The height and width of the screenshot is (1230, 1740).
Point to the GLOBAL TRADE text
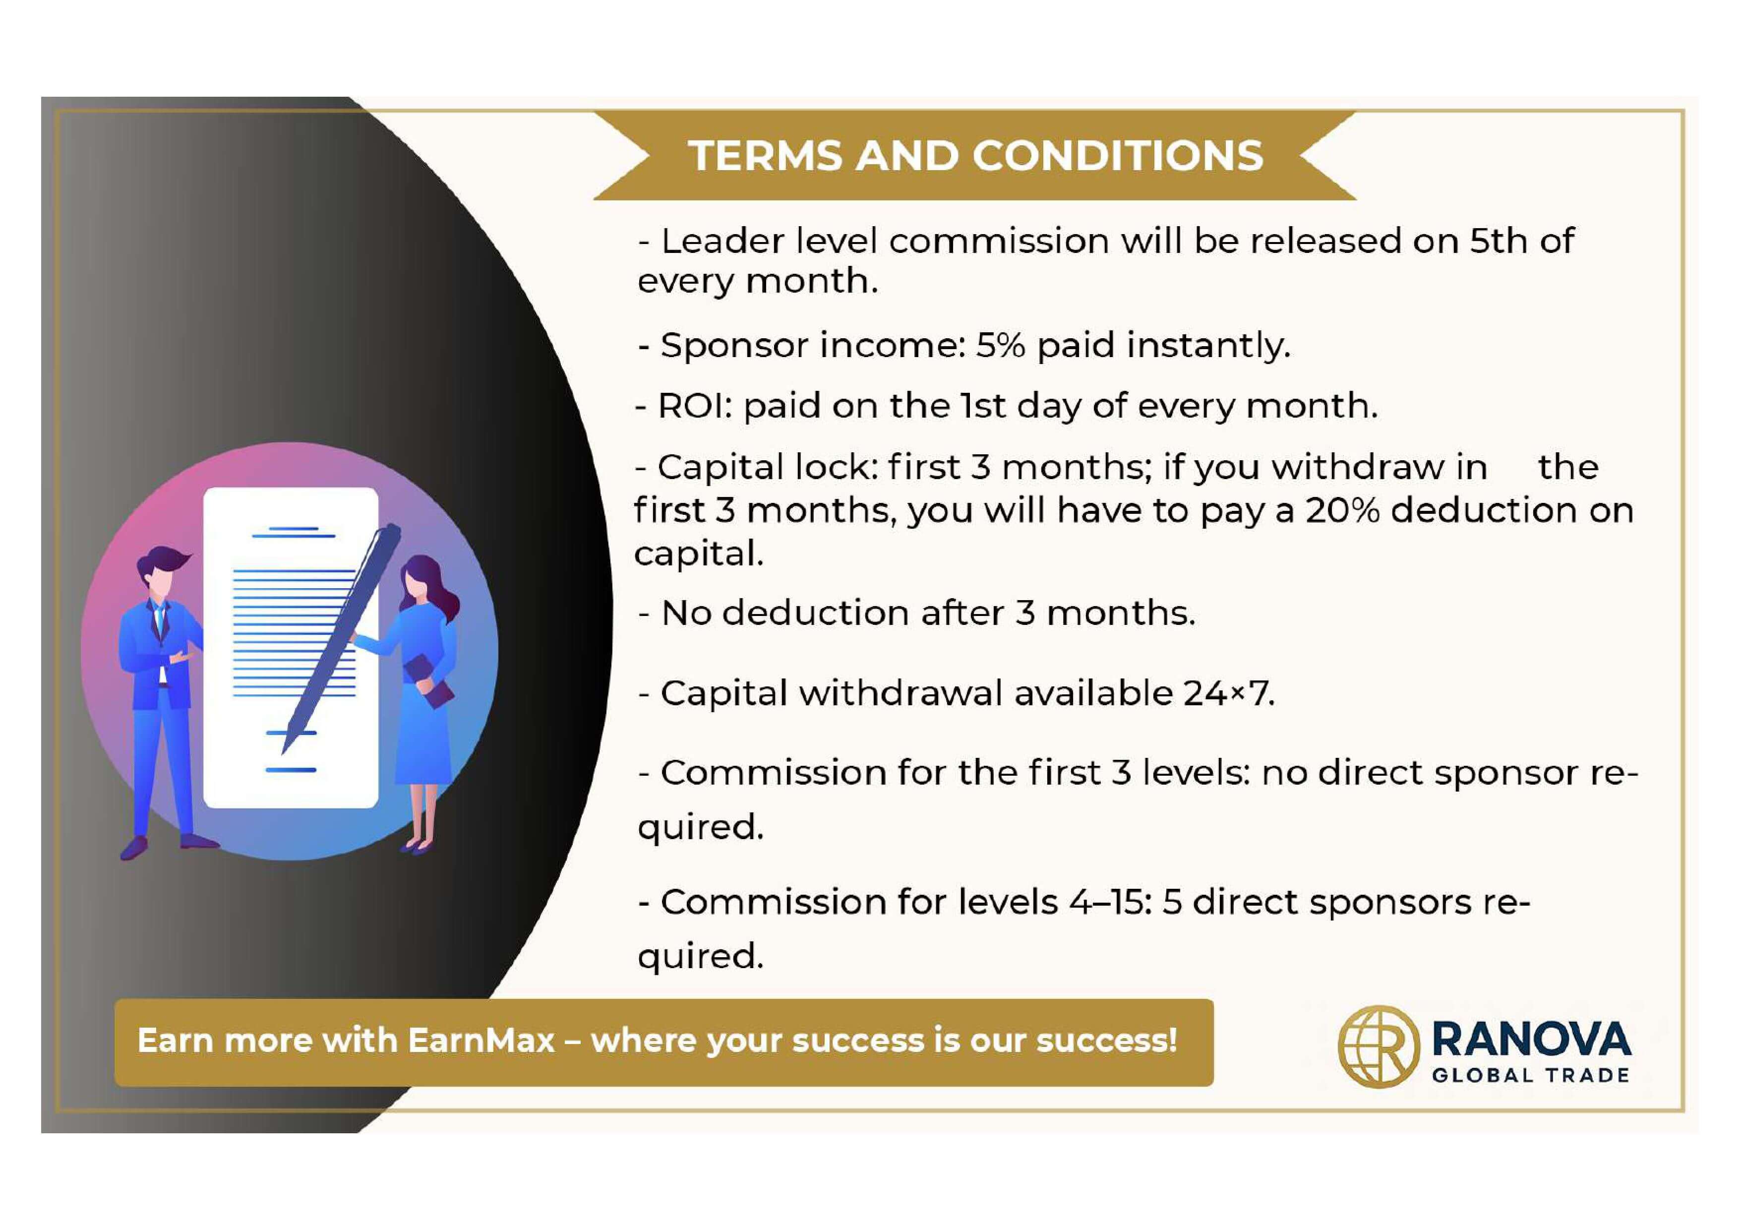click(x=1531, y=1075)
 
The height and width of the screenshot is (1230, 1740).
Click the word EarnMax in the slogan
click(x=481, y=1041)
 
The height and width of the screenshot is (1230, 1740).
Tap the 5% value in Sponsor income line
click(x=1000, y=346)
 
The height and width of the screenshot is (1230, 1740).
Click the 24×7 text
click(x=1228, y=693)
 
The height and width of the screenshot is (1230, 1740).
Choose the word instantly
click(x=1208, y=346)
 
